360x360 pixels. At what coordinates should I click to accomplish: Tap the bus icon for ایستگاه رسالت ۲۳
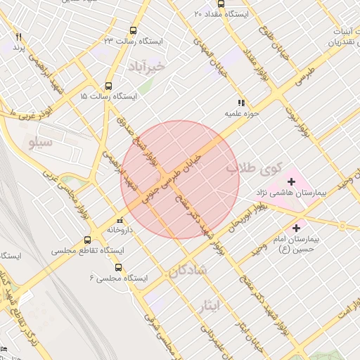(x=134, y=31)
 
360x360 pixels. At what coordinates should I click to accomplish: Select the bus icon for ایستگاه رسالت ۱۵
(x=108, y=84)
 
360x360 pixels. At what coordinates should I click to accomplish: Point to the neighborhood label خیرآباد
(x=146, y=66)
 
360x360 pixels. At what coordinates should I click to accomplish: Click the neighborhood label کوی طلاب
(x=254, y=169)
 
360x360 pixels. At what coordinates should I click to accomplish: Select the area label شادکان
(x=188, y=270)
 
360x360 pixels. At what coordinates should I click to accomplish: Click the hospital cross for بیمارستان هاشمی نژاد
(x=292, y=182)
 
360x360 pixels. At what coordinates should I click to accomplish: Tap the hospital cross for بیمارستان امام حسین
(x=296, y=228)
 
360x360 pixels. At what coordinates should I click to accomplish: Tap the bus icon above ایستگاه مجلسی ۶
(x=117, y=267)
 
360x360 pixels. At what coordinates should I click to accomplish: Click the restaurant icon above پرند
(x=19, y=37)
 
